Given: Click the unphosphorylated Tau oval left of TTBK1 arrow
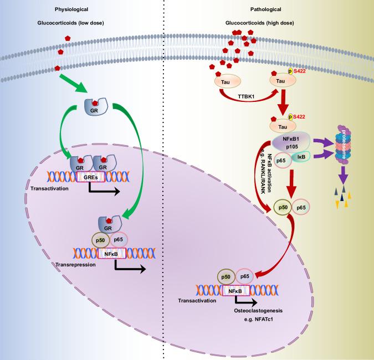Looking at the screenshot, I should click(226, 81).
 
